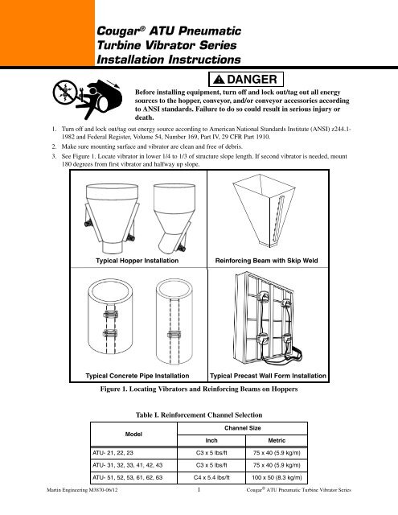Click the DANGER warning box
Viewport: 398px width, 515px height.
[246, 79]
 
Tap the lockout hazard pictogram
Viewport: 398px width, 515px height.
[88, 99]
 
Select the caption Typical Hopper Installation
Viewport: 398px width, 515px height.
[137, 261]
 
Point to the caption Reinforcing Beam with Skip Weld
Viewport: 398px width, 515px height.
[266, 261]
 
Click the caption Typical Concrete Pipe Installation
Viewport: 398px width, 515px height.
[137, 376]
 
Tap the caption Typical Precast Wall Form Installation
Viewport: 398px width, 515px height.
[268, 376]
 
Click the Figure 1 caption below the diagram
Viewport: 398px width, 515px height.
[199, 389]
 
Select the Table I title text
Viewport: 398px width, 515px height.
[199, 415]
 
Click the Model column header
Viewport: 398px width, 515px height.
[133, 435]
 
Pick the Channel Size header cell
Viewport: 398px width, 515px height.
[243, 428]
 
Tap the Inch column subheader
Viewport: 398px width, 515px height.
[211, 440]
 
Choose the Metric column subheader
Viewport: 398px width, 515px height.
[277, 440]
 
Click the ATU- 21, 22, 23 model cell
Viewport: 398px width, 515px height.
[113, 452]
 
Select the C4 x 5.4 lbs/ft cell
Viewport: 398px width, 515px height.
[211, 477]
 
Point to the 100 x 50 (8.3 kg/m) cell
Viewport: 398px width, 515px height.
[277, 477]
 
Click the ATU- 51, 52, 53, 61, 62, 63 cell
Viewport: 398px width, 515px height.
[127, 477]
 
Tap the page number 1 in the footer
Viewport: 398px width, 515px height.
[199, 490]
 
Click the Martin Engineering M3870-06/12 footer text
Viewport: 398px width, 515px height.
[82, 490]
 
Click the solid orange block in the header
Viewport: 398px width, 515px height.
[47, 33]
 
